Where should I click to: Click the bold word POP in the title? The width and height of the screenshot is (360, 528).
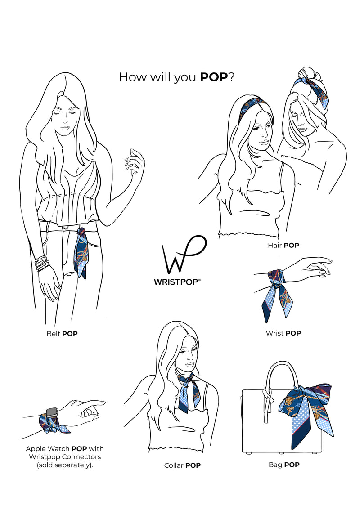(x=214, y=77)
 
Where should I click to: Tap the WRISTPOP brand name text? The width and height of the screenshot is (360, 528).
(x=177, y=282)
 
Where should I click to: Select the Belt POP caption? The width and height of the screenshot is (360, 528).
(x=62, y=334)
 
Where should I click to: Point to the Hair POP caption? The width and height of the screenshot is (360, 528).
(x=283, y=246)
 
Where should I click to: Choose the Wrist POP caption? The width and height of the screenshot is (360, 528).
(x=283, y=333)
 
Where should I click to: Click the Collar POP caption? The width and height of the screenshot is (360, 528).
(x=182, y=465)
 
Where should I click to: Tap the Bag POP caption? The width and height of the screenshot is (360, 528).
(x=284, y=465)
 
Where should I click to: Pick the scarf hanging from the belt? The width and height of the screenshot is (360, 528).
(x=81, y=253)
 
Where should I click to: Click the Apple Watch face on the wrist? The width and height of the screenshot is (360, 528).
(x=52, y=412)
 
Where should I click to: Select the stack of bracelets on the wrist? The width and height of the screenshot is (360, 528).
(x=42, y=264)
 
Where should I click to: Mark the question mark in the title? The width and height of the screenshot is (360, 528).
(x=232, y=77)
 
